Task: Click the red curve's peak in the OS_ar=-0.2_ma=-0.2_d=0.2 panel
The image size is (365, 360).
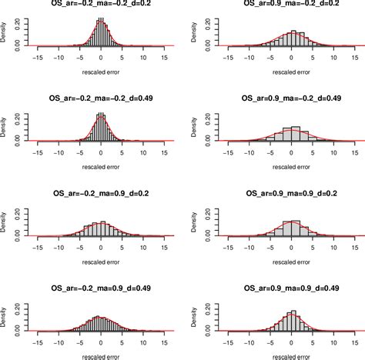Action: (101, 23)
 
